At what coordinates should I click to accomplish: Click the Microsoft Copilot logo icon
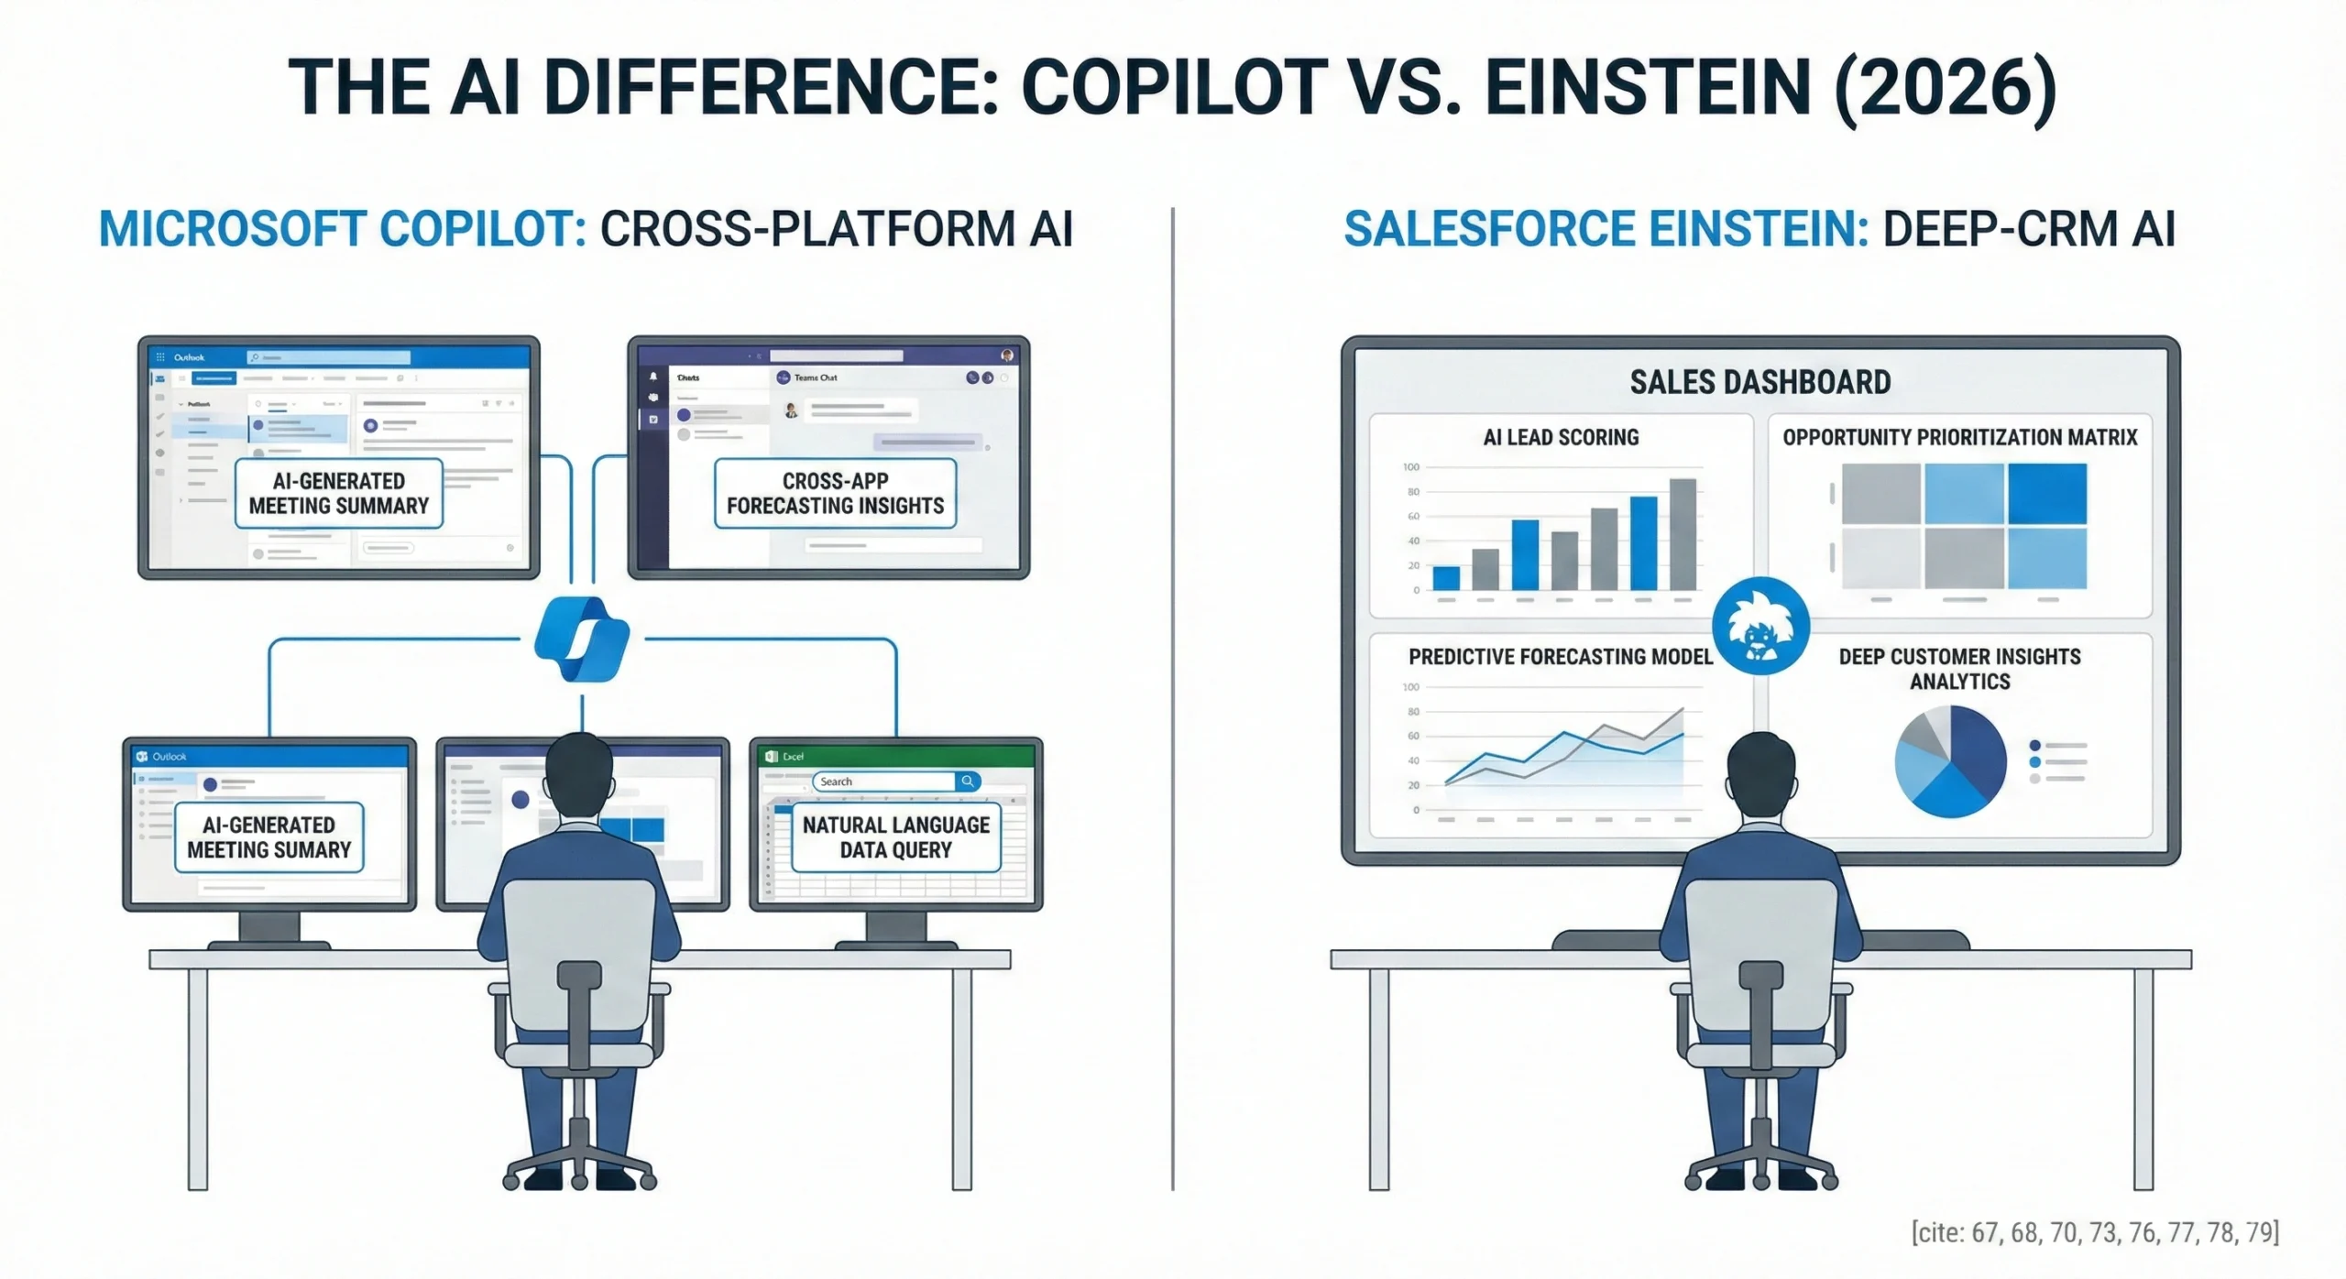pyautogui.click(x=581, y=639)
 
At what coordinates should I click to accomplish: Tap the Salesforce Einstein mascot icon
pyautogui.click(x=1759, y=627)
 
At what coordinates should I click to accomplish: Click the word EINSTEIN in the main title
pyautogui.click(x=1647, y=87)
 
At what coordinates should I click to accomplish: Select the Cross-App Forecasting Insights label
pyautogui.click(x=835, y=493)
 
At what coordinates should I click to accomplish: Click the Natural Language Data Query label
pyautogui.click(x=895, y=837)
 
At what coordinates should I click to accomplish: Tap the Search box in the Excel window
pyautogui.click(x=884, y=782)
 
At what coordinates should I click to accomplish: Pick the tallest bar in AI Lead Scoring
pyautogui.click(x=1683, y=534)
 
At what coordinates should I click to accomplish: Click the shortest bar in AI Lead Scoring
pyautogui.click(x=1445, y=578)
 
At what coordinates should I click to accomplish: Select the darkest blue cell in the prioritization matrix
pyautogui.click(x=2046, y=493)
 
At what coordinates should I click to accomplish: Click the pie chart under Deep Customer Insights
pyautogui.click(x=1950, y=760)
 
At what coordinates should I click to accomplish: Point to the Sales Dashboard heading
pyautogui.click(x=1759, y=382)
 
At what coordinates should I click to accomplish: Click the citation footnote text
pyautogui.click(x=2095, y=1232)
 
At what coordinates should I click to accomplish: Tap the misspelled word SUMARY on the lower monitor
pyautogui.click(x=312, y=850)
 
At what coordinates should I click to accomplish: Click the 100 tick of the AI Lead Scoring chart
pyautogui.click(x=1410, y=467)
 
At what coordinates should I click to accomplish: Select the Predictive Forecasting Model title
pyautogui.click(x=1560, y=657)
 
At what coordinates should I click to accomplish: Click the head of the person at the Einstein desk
pyautogui.click(x=1760, y=769)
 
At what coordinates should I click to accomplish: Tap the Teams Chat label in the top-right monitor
pyautogui.click(x=815, y=377)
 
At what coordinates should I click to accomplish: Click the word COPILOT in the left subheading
pyautogui.click(x=481, y=229)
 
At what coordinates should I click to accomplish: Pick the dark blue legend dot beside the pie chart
pyautogui.click(x=2034, y=746)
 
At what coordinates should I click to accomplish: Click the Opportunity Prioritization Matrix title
pyautogui.click(x=1959, y=437)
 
